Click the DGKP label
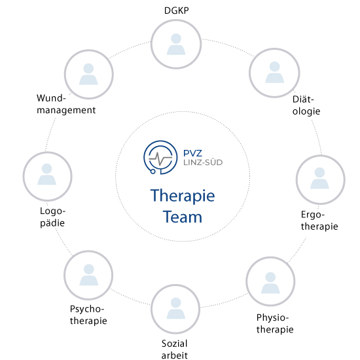(x=176, y=10)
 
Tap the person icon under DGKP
(x=176, y=45)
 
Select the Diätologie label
(x=306, y=105)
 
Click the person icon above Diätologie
(x=275, y=72)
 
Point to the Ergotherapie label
(x=319, y=221)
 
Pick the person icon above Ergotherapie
(x=319, y=179)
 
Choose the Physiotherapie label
(x=275, y=324)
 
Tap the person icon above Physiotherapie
(x=270, y=283)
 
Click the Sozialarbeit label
(x=175, y=350)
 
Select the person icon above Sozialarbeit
(x=176, y=308)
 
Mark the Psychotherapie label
(x=88, y=315)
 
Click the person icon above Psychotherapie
(x=89, y=275)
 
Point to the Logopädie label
(x=52, y=217)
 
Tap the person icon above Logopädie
(x=47, y=174)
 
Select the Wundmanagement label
(x=66, y=104)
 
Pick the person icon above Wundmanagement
(x=88, y=74)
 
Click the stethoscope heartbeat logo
(x=160, y=157)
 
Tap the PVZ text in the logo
(x=192, y=153)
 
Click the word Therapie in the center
(x=183, y=196)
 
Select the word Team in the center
(x=183, y=217)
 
